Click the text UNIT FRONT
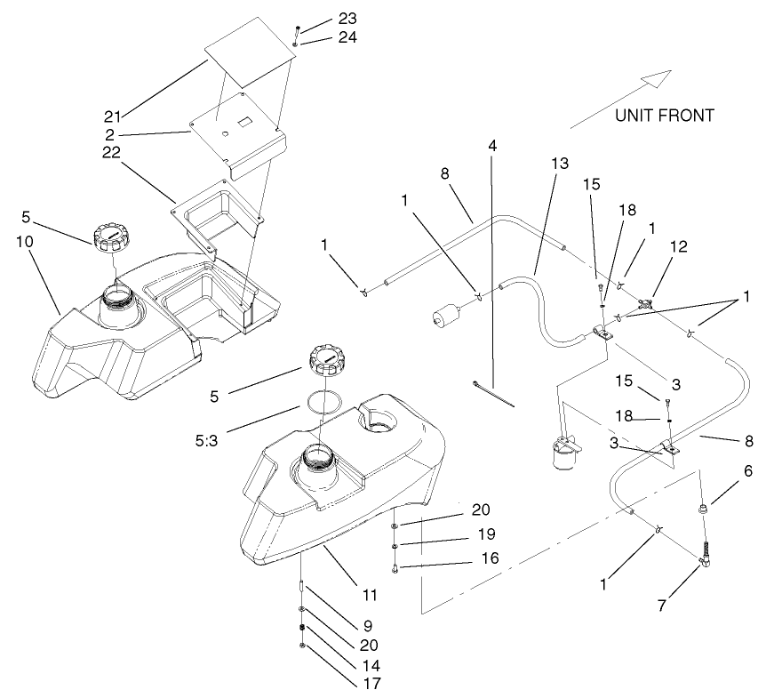pyautogui.click(x=664, y=116)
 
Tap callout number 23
pyautogui.click(x=322, y=20)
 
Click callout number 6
pyautogui.click(x=747, y=472)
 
